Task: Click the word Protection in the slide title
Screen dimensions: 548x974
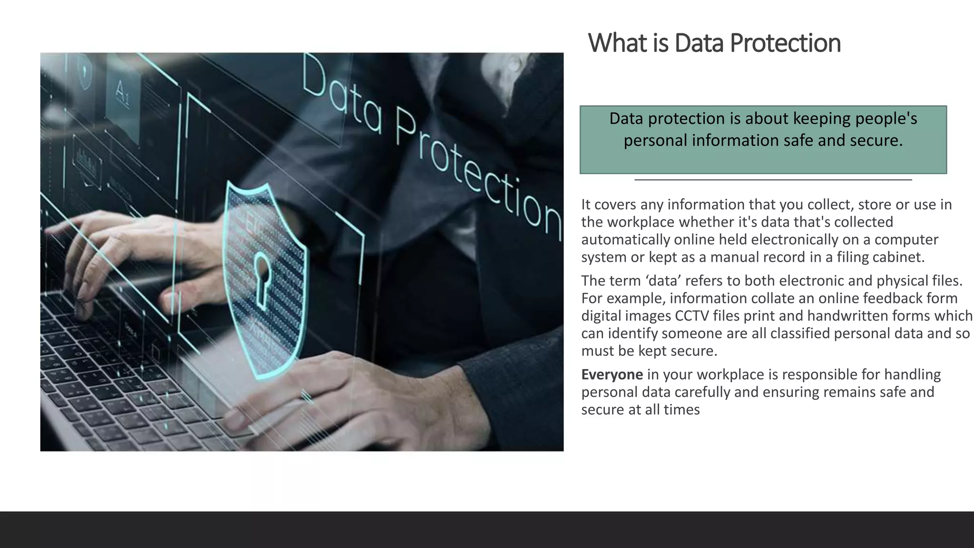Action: tap(785, 43)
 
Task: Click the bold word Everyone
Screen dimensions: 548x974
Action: tap(612, 375)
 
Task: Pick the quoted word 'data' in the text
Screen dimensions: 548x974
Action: tap(663, 281)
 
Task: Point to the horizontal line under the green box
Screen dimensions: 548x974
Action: tap(773, 180)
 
